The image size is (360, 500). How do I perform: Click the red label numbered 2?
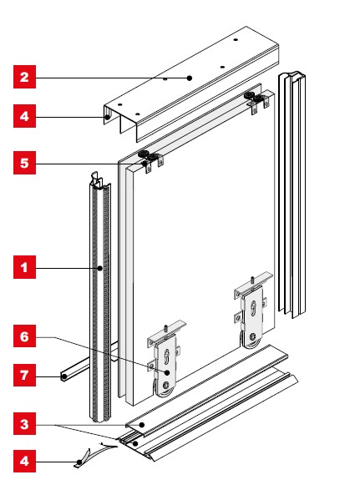click(x=24, y=77)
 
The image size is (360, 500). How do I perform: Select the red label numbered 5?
click(x=24, y=163)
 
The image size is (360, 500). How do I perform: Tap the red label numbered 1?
click(x=24, y=267)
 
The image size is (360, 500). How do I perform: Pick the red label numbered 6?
click(x=24, y=336)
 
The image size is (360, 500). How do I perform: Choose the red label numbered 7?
click(x=24, y=375)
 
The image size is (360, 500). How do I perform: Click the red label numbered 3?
click(x=24, y=424)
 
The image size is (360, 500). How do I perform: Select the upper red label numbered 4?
click(x=24, y=116)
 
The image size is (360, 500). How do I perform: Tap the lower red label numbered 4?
click(x=24, y=461)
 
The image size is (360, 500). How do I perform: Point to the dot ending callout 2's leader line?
click(x=190, y=78)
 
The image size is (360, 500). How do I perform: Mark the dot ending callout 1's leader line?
click(x=100, y=268)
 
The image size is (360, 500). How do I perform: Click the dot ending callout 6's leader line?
click(x=167, y=372)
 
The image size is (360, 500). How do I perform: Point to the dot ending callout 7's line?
click(x=64, y=376)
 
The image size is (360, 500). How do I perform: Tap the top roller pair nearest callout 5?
click(x=149, y=156)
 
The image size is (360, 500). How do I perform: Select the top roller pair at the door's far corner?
click(x=255, y=97)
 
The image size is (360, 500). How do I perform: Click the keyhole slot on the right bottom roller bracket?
click(x=253, y=309)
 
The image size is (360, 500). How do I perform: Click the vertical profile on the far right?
click(x=292, y=194)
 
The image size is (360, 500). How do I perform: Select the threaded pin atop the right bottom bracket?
click(x=252, y=280)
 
